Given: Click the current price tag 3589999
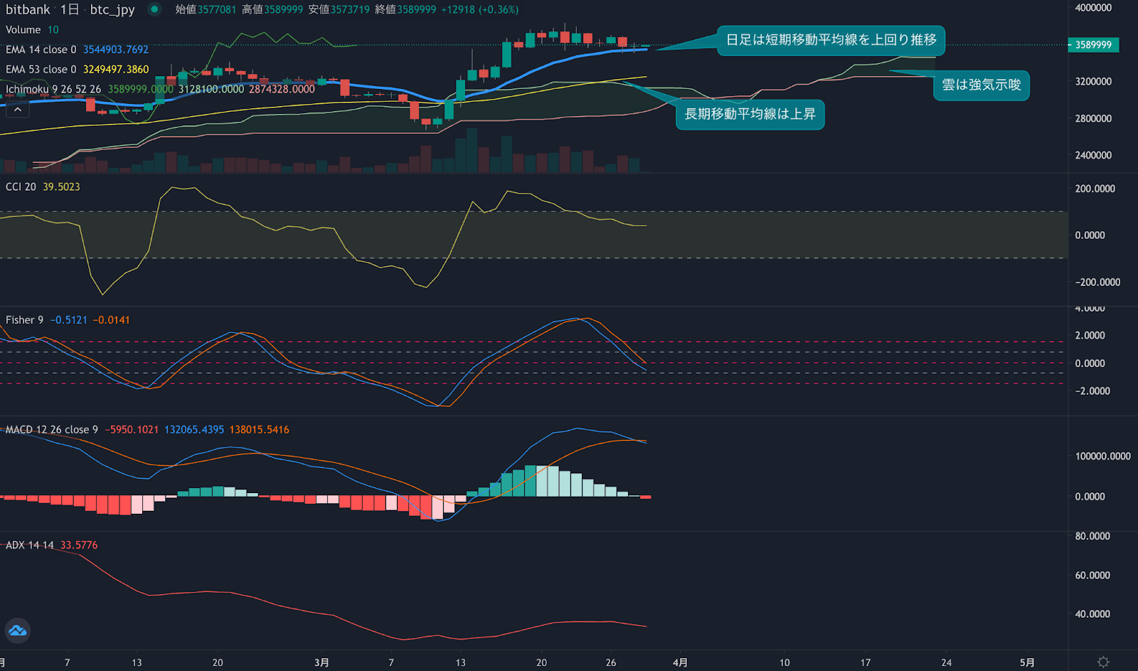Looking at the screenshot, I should pos(1093,45).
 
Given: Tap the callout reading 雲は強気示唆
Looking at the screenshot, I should pos(981,85).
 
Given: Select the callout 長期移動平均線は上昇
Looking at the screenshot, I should pos(750,114).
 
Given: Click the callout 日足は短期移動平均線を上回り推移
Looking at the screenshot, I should pos(831,40).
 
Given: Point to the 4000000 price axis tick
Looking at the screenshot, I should pos(1093,8).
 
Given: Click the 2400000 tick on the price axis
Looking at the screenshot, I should pos(1093,155).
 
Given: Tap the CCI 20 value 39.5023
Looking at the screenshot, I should pos(61,186).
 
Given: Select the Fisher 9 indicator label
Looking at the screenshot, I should pos(24,320).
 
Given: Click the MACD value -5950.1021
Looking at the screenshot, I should pos(132,430).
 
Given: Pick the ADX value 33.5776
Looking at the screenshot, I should pos(79,545).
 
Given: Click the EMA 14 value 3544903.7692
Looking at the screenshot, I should pos(115,50).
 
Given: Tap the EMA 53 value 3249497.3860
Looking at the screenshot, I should pos(115,70).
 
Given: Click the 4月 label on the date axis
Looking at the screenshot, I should pos(680,662).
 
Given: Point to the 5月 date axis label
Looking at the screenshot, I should pos(1026,662).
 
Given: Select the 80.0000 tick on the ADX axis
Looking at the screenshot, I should pos(1092,537).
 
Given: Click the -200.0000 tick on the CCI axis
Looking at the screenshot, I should pos(1097,282).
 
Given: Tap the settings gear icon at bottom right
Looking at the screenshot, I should pos(1103,662).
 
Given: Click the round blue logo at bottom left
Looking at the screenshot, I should pos(17,630).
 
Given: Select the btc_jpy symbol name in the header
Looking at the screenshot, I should pos(112,10).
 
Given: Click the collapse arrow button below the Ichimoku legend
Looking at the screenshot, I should pos(17,110).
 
